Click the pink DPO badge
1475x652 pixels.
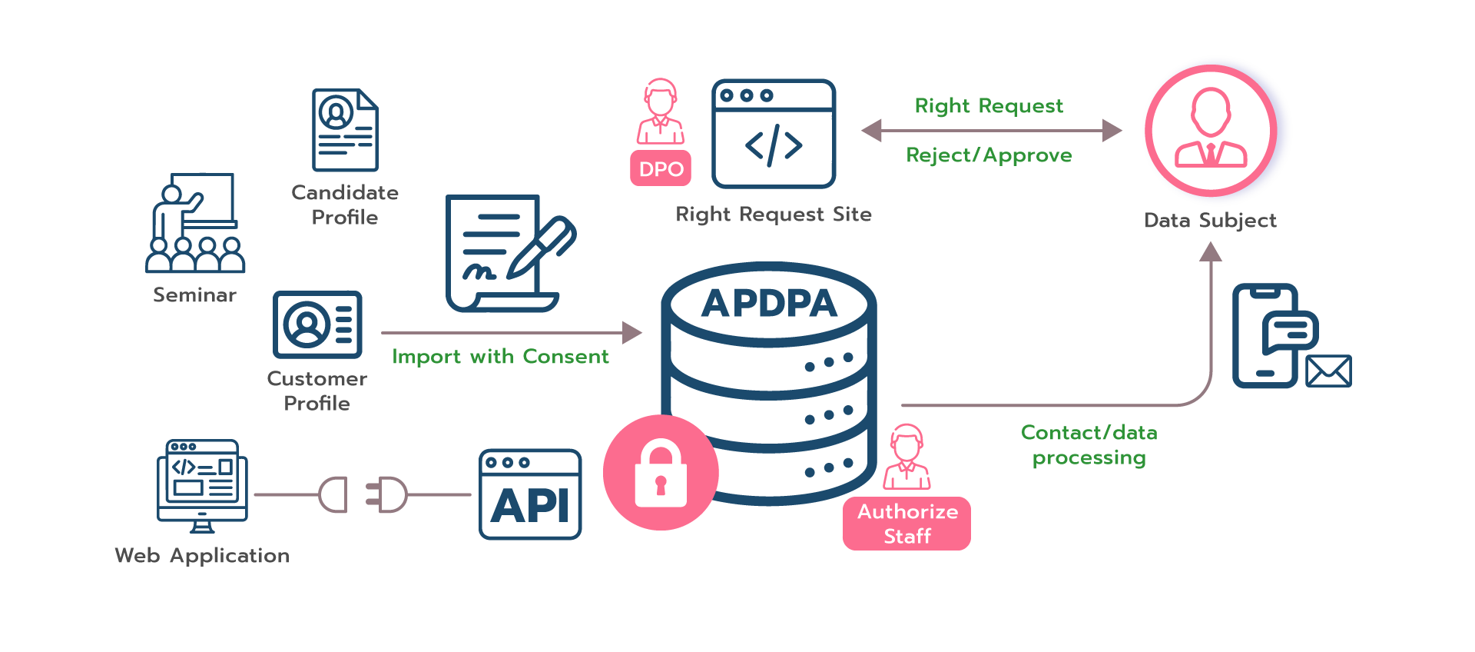coord(661,169)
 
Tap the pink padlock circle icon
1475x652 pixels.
coord(661,472)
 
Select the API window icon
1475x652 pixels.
coord(530,494)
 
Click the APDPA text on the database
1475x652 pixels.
coord(769,304)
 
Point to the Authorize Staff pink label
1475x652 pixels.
coord(907,524)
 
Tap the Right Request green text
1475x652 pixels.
coord(989,106)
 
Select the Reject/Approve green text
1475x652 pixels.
coord(989,155)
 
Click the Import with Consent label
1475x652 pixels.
coord(500,357)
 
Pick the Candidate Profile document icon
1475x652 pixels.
coord(345,130)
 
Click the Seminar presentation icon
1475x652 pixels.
coord(196,223)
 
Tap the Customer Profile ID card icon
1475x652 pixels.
coord(317,324)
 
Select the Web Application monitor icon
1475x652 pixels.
coord(202,484)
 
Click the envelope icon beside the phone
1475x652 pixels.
coord(1328,371)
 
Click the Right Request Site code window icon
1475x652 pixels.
coord(774,134)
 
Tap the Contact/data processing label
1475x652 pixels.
coord(1089,445)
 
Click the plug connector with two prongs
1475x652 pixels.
coord(387,494)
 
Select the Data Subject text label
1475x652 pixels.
coord(1210,221)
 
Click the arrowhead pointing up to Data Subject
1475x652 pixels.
coord(1211,251)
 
